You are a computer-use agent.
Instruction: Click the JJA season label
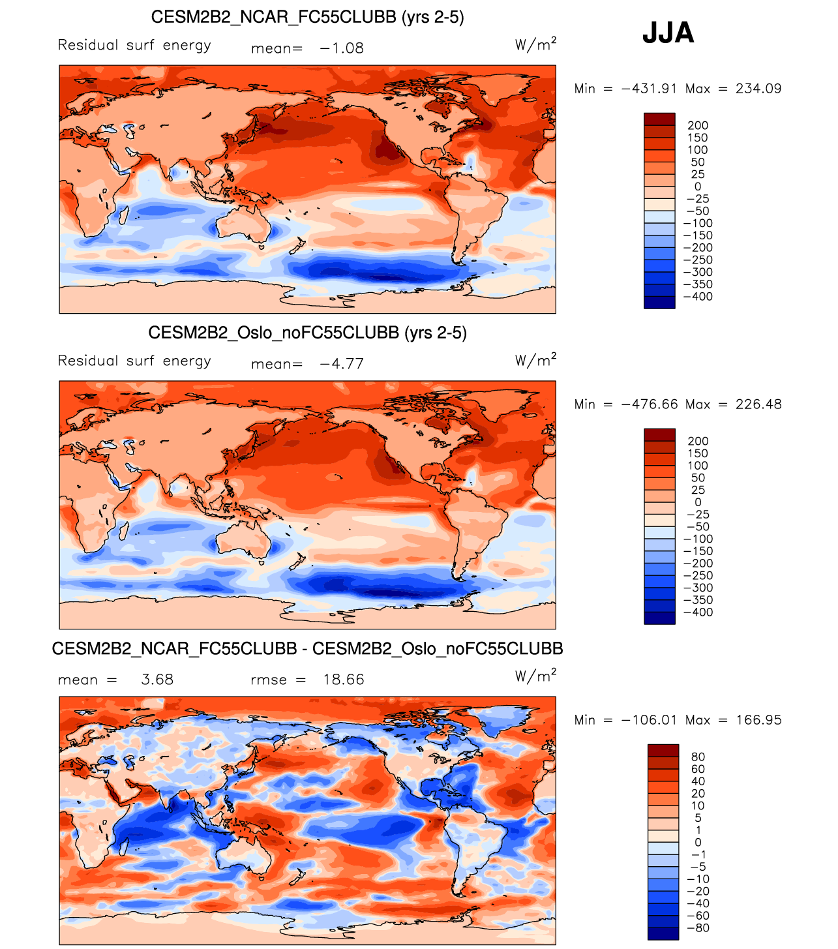668,33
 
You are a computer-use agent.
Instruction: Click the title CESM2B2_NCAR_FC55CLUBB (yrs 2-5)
307,17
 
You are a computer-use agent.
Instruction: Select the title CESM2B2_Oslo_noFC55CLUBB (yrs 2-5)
307,333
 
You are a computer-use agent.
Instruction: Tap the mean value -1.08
342,48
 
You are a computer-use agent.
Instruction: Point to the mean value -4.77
342,364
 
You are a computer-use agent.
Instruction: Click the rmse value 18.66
344,680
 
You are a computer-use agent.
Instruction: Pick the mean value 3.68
157,680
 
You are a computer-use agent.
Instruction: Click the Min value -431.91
649,89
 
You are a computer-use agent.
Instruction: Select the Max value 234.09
758,89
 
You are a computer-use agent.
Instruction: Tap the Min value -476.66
649,404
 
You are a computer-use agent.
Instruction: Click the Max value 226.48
758,404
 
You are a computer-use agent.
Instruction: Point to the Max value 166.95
758,720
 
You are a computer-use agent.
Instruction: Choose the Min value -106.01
649,720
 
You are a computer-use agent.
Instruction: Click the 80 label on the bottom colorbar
698,757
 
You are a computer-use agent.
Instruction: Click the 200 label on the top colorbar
697,126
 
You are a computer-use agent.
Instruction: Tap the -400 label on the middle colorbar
697,612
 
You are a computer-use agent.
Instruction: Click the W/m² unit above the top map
535,44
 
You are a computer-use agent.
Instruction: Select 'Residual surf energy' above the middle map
134,361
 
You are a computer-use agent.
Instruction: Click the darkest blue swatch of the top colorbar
659,303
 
